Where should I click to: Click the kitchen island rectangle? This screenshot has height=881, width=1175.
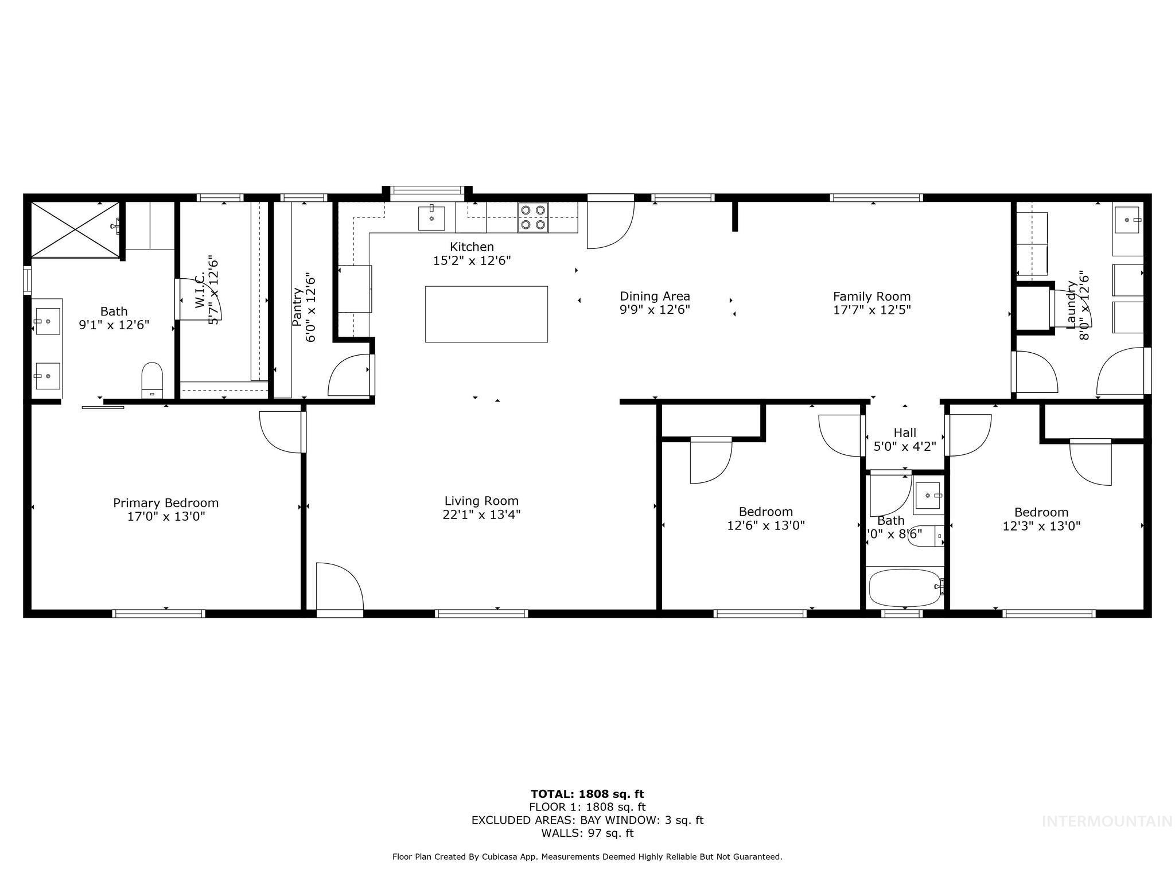point(486,314)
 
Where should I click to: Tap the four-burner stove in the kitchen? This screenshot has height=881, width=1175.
point(532,217)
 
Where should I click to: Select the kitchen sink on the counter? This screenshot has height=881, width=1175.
point(431,218)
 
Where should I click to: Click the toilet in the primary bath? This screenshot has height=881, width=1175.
point(152,379)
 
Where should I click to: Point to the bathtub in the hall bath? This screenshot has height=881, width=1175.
point(904,587)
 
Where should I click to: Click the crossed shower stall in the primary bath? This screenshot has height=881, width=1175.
point(75,229)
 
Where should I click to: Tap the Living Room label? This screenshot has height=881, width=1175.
point(481,501)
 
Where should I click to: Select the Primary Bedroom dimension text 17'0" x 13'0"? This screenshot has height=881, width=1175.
point(166,516)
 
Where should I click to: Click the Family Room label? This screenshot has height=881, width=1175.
point(871,297)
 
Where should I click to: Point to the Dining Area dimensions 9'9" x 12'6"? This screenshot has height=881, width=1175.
point(655,310)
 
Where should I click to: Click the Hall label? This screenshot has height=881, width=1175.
point(904,432)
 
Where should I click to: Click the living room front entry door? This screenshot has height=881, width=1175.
point(339,588)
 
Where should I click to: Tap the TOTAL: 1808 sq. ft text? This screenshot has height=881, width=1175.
point(587,794)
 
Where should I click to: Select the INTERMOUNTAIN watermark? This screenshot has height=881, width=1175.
point(1107,821)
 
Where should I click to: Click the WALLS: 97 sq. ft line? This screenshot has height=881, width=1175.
point(587,833)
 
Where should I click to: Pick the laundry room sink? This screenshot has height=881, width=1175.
point(1127,220)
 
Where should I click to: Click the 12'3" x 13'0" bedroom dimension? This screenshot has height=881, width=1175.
point(1041,526)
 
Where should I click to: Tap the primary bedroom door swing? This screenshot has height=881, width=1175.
point(281,431)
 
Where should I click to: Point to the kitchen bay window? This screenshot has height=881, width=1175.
point(427,190)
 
